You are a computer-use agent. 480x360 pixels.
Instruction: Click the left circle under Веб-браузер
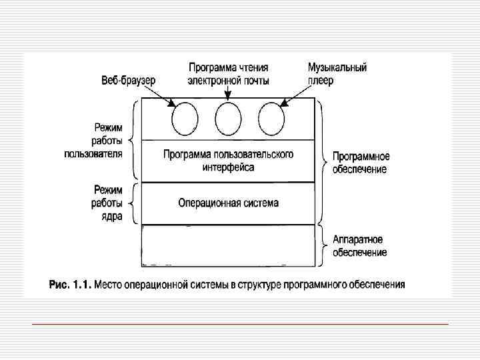point(185,120)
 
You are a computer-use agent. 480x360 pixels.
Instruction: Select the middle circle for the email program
point(228,120)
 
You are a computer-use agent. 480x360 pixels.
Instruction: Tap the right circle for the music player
point(271,120)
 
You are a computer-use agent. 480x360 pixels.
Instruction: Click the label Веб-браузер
point(128,80)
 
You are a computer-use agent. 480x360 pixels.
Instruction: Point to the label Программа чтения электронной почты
point(229,74)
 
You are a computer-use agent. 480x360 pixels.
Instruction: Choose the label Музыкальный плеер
point(337,74)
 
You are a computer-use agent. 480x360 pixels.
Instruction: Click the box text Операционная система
point(229,203)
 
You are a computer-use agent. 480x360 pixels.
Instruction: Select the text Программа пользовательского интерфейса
point(229,161)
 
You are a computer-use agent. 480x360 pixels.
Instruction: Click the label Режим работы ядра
point(107,203)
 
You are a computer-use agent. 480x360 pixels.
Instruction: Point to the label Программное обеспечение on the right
point(361,163)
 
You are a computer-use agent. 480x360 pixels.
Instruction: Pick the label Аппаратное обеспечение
point(360,246)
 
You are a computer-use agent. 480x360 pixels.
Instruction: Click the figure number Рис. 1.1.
point(70,285)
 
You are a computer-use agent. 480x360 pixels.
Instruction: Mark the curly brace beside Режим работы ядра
point(135,203)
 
